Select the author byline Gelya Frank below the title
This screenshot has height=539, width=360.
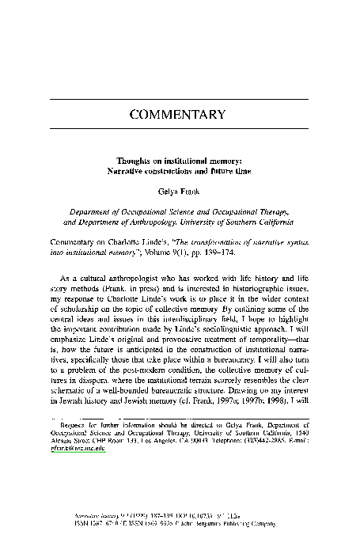pos(179,191)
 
